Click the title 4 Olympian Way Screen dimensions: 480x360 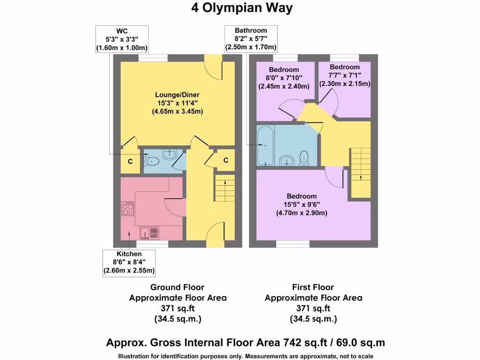242,8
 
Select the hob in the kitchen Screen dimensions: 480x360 127,209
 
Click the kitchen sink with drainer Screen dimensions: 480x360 150,232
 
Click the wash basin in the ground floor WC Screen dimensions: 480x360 168,154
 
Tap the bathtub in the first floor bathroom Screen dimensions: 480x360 265,145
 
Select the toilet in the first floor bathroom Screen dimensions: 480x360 304,158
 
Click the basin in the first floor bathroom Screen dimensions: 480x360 287,160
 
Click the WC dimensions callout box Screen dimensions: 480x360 122,39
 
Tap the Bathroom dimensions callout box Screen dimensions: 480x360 251,39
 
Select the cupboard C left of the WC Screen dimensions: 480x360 130,161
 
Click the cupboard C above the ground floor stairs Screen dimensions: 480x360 225,160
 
